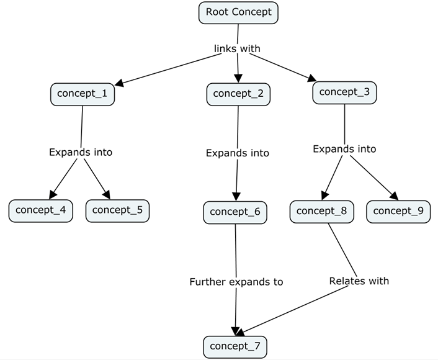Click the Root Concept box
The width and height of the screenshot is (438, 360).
coord(238,12)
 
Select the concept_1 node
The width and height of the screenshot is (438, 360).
coord(82,94)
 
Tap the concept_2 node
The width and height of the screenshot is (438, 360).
coord(238,94)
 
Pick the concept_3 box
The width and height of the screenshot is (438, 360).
coord(344,92)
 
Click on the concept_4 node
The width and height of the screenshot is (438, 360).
coord(40,210)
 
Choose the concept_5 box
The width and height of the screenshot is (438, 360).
coord(117,210)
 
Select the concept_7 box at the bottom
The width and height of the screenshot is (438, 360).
coord(235,346)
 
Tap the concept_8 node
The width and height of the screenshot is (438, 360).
coord(321,211)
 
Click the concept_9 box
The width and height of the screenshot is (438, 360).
coord(398,211)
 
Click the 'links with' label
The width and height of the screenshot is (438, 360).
coord(237,48)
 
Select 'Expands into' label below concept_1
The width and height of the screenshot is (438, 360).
coord(81,152)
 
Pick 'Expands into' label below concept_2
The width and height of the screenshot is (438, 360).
coord(237,153)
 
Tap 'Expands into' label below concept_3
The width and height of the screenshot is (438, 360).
coord(344,149)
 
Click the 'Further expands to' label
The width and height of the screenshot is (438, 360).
coord(236,282)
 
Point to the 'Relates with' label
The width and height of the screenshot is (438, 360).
coord(359,281)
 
